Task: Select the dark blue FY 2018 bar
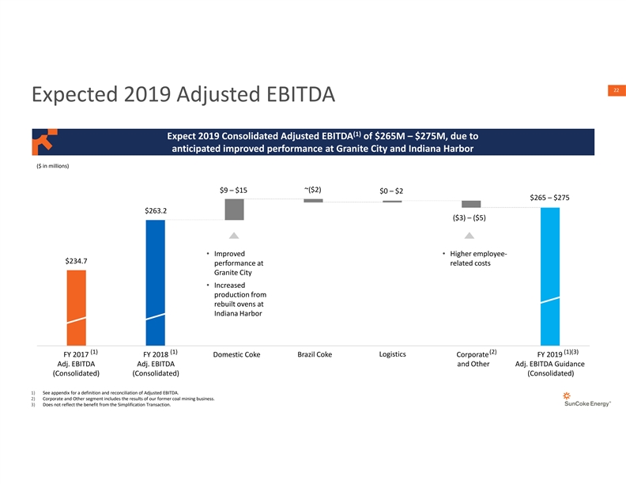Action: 155,281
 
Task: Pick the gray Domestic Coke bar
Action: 234,210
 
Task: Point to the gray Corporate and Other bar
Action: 471,203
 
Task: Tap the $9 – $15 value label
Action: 233,190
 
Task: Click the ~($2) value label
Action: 312,189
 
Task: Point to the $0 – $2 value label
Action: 391,191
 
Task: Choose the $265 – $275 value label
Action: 550,198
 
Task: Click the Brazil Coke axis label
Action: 314,354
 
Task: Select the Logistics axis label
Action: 393,354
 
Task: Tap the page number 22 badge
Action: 612,91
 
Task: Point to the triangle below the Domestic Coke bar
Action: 234,236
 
